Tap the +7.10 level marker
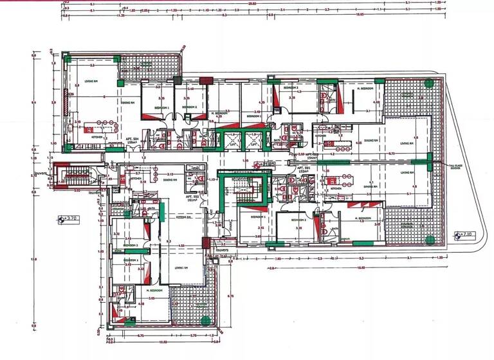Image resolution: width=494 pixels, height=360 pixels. (x=464, y=234)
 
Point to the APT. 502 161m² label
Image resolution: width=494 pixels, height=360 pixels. (x=192, y=198)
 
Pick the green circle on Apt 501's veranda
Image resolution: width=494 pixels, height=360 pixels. (x=429, y=239)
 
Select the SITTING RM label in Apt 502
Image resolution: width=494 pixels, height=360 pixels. (x=185, y=218)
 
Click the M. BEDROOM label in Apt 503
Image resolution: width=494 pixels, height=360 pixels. (x=367, y=89)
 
